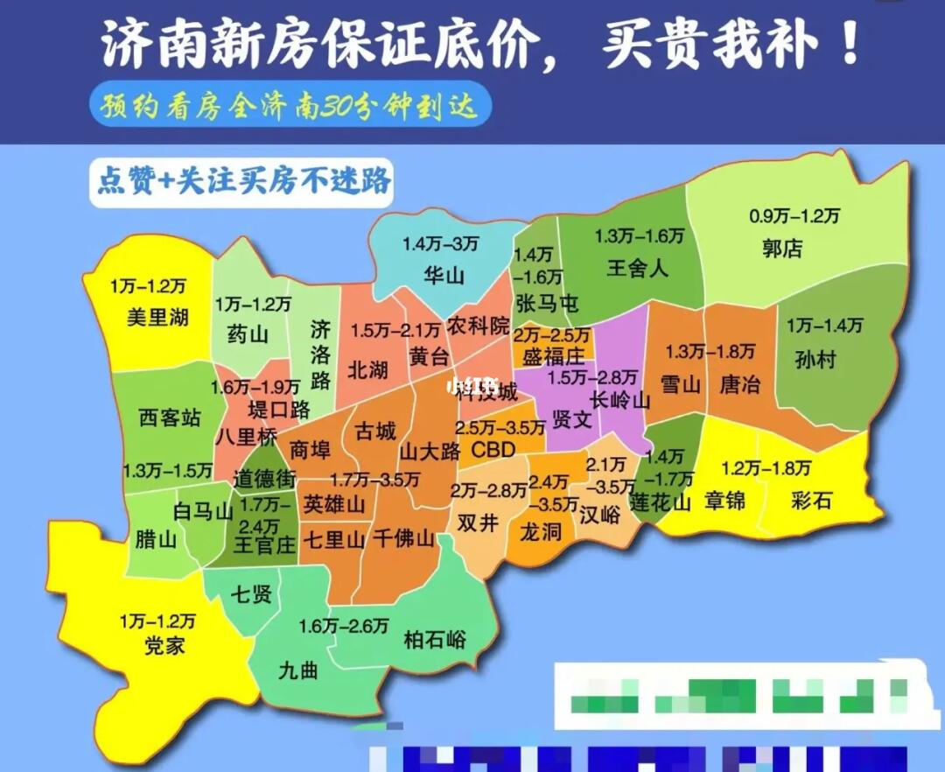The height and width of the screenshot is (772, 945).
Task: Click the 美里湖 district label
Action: [x=157, y=317]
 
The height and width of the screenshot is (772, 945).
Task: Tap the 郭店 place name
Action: [x=781, y=249]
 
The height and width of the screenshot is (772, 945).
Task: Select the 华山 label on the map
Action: [x=443, y=276]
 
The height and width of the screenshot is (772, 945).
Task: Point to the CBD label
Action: [x=493, y=449]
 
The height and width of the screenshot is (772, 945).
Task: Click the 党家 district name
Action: [x=164, y=647]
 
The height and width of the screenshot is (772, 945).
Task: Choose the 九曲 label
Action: [x=298, y=670]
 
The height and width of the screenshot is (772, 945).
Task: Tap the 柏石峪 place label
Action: [x=435, y=640]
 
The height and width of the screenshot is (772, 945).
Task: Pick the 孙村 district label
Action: [x=816, y=359]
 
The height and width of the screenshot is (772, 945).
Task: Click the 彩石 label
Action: [x=811, y=500]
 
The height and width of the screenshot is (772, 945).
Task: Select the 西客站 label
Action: [x=170, y=418]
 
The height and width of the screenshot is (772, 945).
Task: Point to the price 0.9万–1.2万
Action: [x=794, y=215]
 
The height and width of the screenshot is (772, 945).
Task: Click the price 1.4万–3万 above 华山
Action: [x=440, y=244]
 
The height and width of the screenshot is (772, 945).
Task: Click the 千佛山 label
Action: [x=403, y=539]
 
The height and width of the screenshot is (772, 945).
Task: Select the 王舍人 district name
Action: [x=637, y=268]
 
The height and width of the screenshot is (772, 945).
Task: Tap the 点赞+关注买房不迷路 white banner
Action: [x=241, y=181]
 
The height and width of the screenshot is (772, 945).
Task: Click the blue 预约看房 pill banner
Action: [x=289, y=106]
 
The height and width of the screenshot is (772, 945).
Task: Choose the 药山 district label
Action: [x=248, y=334]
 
